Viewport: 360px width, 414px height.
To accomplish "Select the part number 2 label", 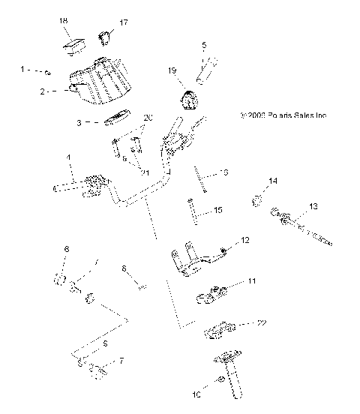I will (x=44, y=91).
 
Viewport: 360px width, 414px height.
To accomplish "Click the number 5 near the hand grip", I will (x=204, y=46).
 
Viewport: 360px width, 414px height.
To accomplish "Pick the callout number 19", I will (x=172, y=70).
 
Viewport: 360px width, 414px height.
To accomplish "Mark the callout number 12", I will (x=244, y=240).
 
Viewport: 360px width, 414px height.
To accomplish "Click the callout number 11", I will (x=252, y=282).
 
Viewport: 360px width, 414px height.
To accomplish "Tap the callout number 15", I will (x=217, y=211).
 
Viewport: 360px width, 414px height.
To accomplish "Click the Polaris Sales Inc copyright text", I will (x=283, y=115).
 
